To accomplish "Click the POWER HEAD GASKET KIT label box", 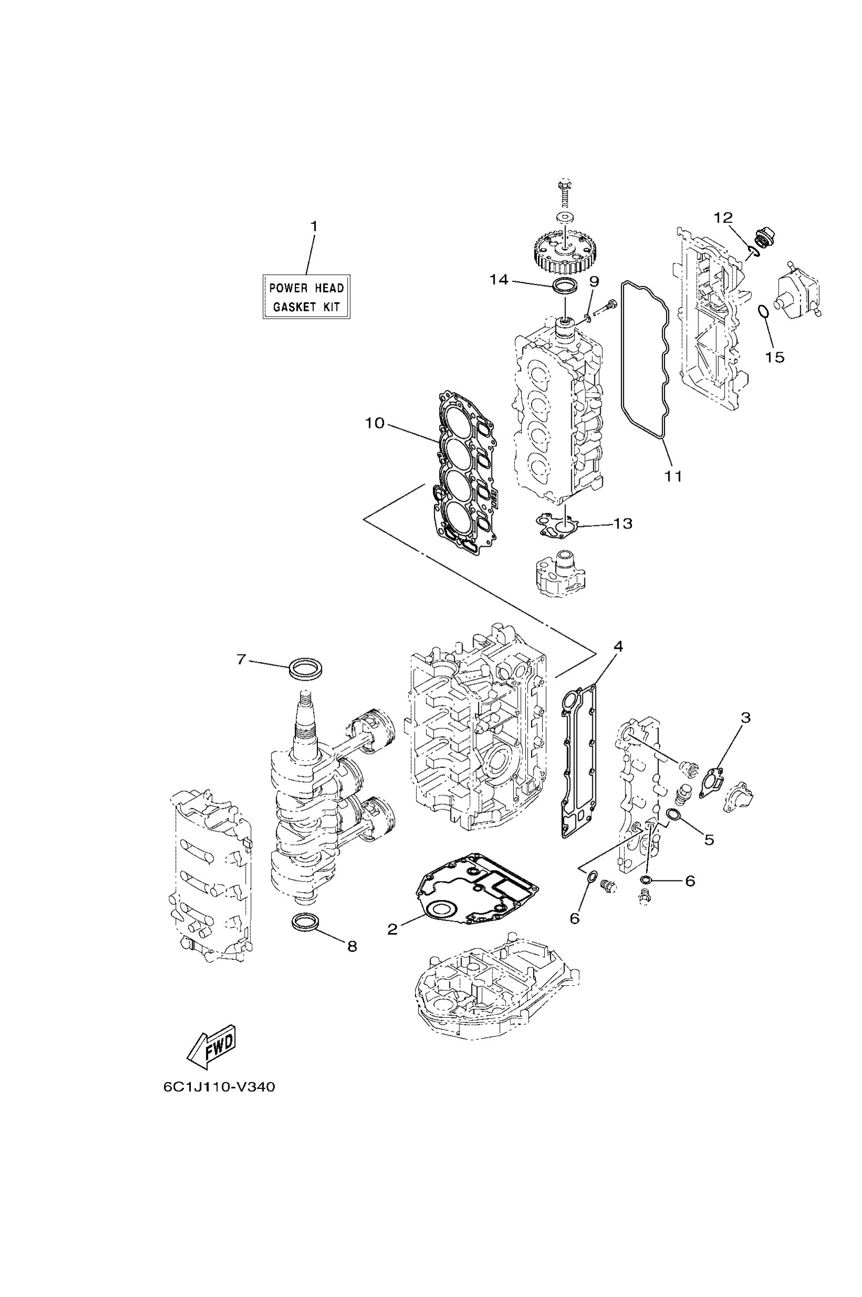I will click(306, 296).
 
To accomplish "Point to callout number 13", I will click(623, 523).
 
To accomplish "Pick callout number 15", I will click(775, 358).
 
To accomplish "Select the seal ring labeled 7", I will click(306, 669).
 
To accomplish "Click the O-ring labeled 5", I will click(674, 814).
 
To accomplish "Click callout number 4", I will click(618, 647).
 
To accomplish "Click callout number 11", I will click(673, 476).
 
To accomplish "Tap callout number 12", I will click(723, 217).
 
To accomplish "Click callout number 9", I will click(594, 281).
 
